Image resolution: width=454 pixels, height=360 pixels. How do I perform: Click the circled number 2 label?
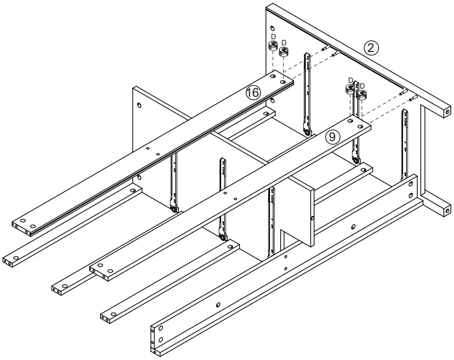click(371, 48)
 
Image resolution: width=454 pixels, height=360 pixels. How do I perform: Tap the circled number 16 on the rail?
click(253, 93)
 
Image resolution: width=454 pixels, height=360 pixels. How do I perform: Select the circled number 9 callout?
click(332, 136)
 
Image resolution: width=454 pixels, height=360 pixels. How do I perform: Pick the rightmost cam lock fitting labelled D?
click(363, 94)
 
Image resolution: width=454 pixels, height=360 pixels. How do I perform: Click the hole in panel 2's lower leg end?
click(447, 208)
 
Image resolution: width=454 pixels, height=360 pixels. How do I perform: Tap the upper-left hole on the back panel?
click(140, 106)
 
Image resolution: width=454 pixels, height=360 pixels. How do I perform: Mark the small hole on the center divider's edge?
click(311, 219)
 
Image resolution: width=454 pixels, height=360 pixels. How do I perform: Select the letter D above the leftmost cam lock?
click(273, 37)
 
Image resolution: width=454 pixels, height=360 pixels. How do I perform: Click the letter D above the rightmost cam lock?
click(363, 86)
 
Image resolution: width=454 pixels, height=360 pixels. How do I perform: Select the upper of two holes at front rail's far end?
click(411, 185)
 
